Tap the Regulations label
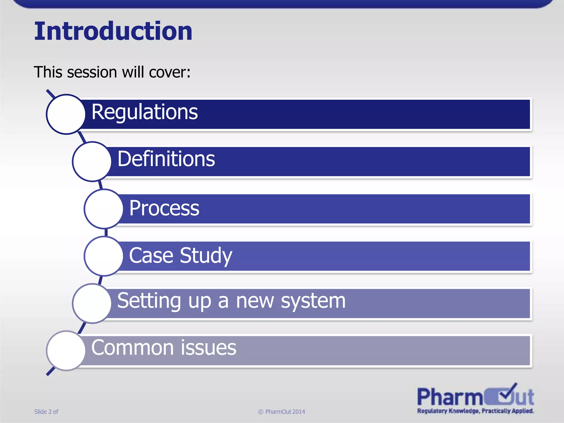144,112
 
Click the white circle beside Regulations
66,114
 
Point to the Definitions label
166,159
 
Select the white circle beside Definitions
92,162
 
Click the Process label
164,208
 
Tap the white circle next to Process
104,209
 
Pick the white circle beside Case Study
104,256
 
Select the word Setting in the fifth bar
149,301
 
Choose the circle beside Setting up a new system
92,303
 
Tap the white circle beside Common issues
66,350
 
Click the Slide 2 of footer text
46,412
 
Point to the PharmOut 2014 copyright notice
281,412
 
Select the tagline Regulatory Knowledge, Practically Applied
475,411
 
